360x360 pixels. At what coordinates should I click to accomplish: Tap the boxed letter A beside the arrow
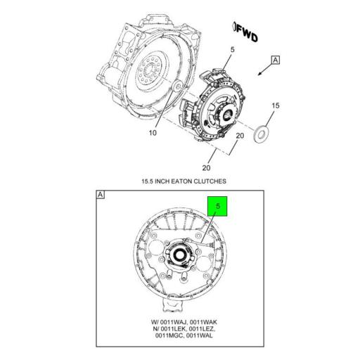pos(275,60)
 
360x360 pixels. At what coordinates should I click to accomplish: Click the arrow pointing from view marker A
pos(261,70)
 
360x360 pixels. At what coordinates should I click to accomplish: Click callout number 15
pos(276,105)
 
